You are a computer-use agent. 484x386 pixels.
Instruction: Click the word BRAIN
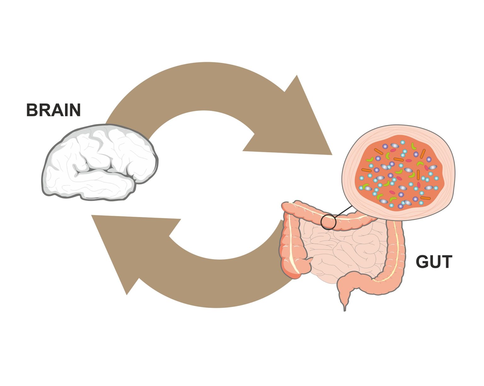point(53,110)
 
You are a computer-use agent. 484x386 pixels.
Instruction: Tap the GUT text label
point(434,262)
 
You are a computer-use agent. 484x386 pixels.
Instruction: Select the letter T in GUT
point(447,262)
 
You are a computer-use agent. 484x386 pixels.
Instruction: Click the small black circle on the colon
point(328,222)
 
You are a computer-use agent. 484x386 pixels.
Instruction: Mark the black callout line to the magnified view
point(343,212)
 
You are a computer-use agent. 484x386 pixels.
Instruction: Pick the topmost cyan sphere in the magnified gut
point(402,142)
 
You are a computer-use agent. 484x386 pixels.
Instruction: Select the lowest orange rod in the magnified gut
point(425,198)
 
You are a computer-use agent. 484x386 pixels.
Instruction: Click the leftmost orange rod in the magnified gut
point(366,170)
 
